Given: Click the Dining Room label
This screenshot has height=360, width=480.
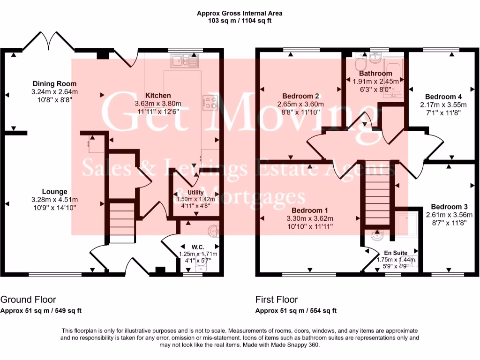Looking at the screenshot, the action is [54, 83].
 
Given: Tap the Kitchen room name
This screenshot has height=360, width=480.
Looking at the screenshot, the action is [158, 96].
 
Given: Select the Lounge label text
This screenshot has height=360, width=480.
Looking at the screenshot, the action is [54, 192].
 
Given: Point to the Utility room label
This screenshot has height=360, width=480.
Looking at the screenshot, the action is [195, 192].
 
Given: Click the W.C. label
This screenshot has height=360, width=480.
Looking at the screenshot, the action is [198, 247].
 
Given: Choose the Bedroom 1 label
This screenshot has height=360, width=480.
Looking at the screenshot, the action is [310, 210].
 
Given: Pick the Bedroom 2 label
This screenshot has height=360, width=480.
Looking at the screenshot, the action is [300, 96].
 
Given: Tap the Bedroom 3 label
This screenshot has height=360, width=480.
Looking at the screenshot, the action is [449, 207].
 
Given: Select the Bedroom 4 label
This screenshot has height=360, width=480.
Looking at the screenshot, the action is [443, 97].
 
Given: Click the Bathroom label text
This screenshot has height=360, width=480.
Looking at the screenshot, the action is [375, 74].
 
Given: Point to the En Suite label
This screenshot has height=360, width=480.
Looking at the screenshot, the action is [396, 253].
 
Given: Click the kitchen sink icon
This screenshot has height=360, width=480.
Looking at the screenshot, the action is [184, 61].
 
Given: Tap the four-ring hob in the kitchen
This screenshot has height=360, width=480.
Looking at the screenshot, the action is [210, 103].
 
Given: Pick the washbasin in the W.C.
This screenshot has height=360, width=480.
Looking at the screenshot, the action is [213, 231].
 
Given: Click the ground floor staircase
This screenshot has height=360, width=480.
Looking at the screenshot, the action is [122, 223].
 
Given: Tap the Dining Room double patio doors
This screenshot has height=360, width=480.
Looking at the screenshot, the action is [48, 40].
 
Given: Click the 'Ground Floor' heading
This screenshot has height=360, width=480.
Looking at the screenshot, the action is [28, 300].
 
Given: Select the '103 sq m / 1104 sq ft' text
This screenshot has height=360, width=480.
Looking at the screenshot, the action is [240, 21].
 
